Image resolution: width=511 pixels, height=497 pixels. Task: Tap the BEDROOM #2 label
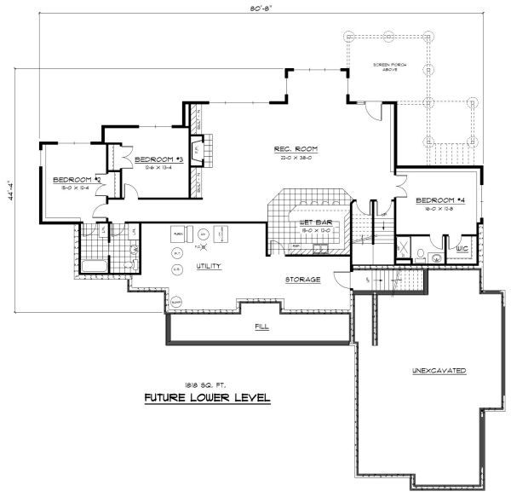[78, 180]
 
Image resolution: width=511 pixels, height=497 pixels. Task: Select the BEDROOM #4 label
[439, 202]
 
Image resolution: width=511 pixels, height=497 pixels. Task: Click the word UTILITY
[209, 266]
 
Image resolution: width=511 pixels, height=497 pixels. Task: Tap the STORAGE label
[302, 280]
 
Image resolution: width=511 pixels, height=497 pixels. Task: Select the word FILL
[261, 327]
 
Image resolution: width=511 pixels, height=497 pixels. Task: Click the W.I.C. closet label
[463, 250]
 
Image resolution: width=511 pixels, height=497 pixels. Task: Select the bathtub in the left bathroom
[95, 265]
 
